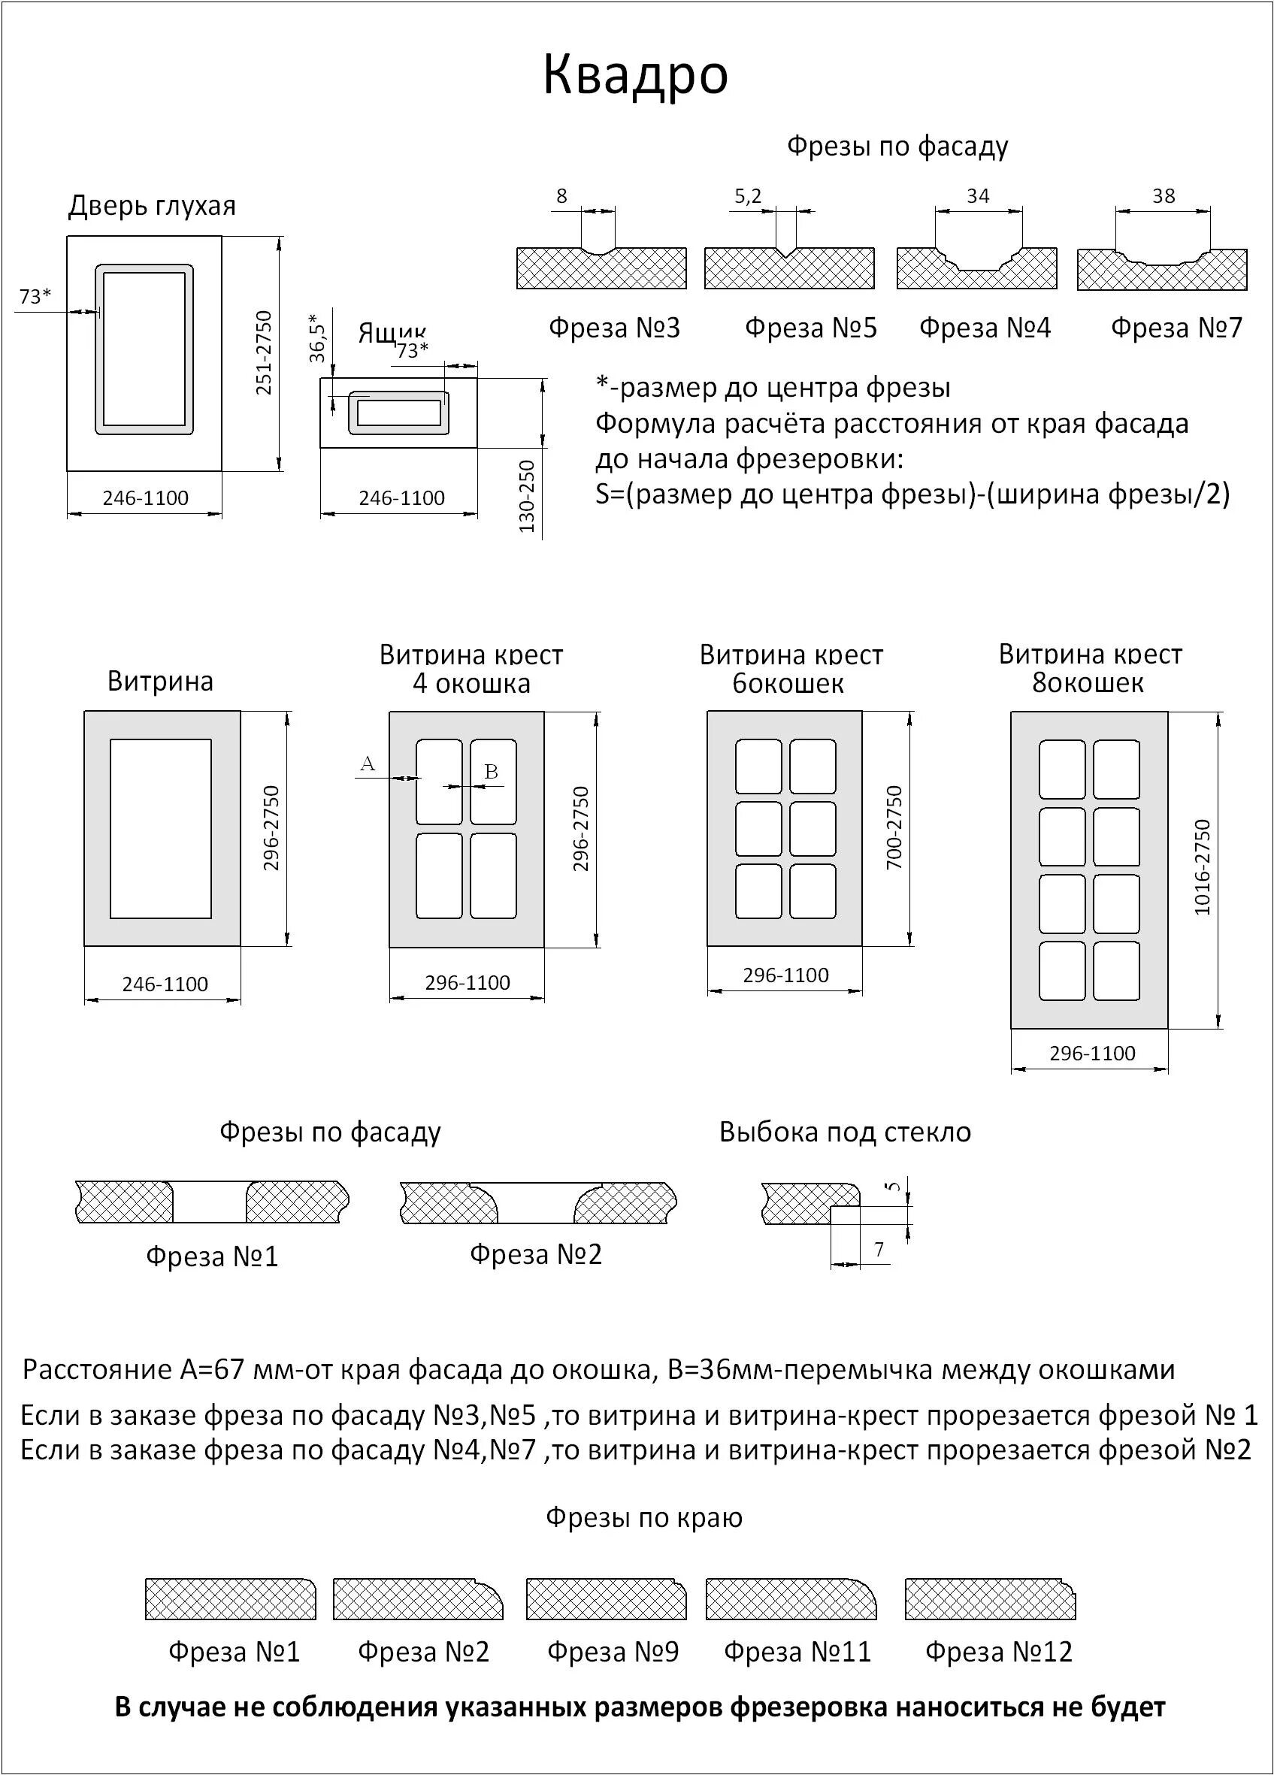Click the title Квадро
point(635,76)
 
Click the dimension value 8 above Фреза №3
point(561,196)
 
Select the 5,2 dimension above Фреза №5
point(747,196)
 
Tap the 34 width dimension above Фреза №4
point(977,196)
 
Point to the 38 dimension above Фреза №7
point(1163,196)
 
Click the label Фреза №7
point(1176,328)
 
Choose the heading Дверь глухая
point(152,206)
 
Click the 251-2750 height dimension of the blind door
point(265,353)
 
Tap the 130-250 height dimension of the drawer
point(527,497)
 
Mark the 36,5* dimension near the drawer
point(316,338)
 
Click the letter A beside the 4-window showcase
point(367,764)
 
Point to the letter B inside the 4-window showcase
point(491,772)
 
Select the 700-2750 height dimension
point(894,827)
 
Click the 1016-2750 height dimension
point(1202,867)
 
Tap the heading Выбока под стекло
point(844,1132)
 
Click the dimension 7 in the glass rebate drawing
point(878,1250)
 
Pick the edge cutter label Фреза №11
point(797,1652)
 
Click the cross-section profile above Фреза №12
point(990,1599)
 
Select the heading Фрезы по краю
point(643,1517)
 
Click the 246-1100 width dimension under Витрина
point(165,984)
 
